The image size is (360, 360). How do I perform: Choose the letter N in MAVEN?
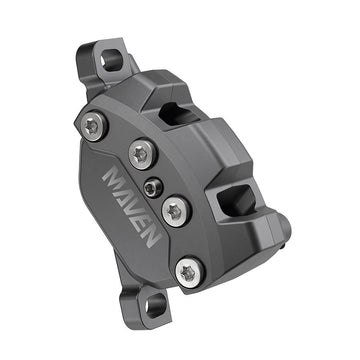pyautogui.click(x=140, y=246)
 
